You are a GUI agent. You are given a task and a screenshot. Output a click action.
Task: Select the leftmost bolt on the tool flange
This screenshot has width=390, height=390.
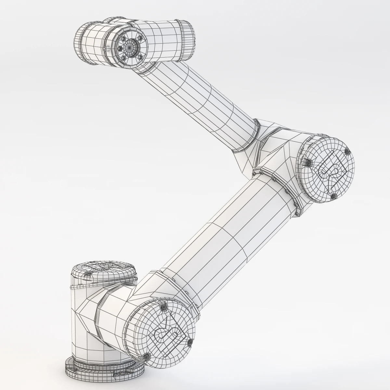tap(119, 49)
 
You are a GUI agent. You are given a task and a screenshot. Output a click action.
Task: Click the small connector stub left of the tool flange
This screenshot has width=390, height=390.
tap(105, 48)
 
